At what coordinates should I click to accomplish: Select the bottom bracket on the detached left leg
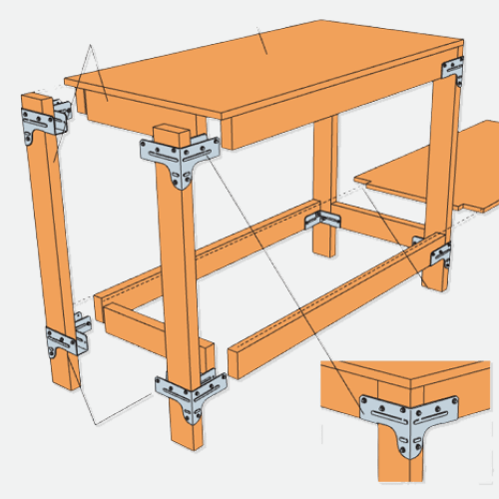pyautogui.click(x=63, y=339)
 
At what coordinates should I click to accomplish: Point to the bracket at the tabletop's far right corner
pyautogui.click(x=455, y=70)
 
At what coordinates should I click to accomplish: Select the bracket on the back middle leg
pyautogui.click(x=323, y=218)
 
